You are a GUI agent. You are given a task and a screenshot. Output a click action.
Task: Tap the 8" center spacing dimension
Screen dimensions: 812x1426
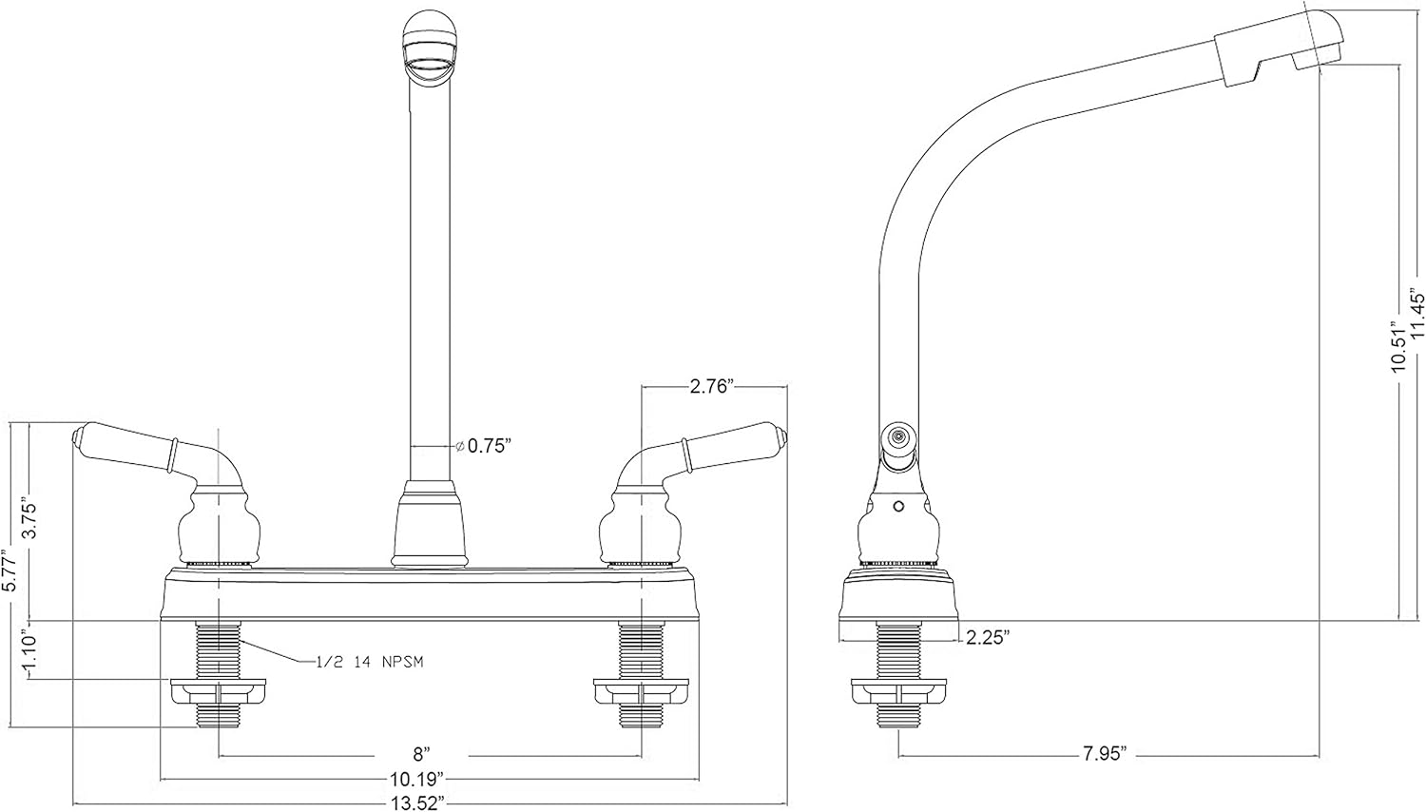[x=418, y=755]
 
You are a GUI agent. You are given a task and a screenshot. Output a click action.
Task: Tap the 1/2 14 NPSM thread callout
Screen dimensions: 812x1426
[x=366, y=663]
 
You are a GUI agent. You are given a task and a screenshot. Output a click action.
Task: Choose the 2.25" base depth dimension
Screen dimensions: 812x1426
[x=987, y=638]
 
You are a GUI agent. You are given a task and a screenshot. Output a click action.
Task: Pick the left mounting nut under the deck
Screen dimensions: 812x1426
[x=219, y=691]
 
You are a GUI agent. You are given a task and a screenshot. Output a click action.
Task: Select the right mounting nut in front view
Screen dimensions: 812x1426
[x=641, y=691]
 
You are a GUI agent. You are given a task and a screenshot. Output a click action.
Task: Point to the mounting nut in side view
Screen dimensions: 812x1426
[x=899, y=691]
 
